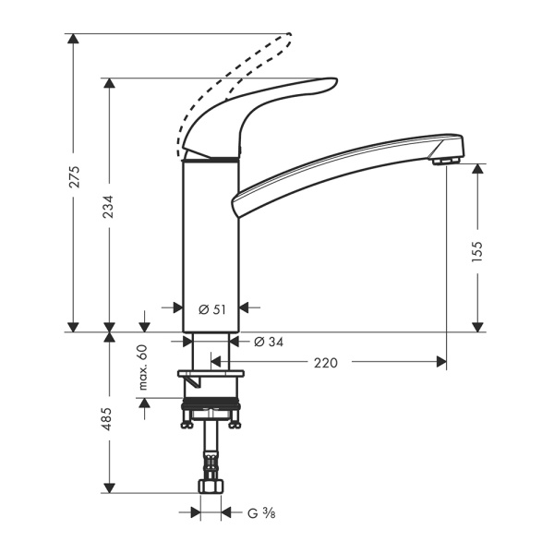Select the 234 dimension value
[110, 208]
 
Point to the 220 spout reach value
[325, 364]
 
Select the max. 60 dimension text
[142, 366]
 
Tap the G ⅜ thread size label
[258, 512]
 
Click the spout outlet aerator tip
[446, 162]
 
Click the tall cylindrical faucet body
[211, 240]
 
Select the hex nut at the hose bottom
[211, 487]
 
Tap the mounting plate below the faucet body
[211, 375]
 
